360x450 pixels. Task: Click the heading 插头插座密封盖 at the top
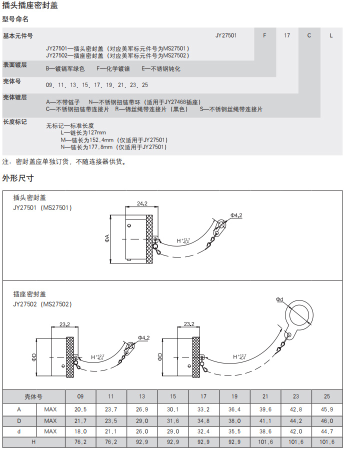coord(30,6)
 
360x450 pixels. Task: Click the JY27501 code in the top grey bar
coord(226,36)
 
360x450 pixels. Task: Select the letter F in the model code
coord(264,36)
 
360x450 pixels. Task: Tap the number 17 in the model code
coord(287,36)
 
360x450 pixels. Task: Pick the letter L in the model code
coord(331,36)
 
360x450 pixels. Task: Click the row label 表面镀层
coord(15,65)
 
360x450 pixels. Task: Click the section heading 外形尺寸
coord(18,178)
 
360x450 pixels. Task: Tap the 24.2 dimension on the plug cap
coord(141,204)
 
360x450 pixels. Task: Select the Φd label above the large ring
coord(279,299)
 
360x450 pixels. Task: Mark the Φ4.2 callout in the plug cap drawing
coord(236,215)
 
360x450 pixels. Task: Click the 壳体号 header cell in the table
coord(34,396)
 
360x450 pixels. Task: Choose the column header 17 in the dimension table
coord(203,396)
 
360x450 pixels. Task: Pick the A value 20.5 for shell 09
coord(80,409)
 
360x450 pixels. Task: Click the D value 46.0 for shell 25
coord(327,420)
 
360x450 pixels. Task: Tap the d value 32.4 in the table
coord(203,431)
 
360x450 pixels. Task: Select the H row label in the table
coord(34,442)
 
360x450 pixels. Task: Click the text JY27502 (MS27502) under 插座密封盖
coord(42,304)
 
